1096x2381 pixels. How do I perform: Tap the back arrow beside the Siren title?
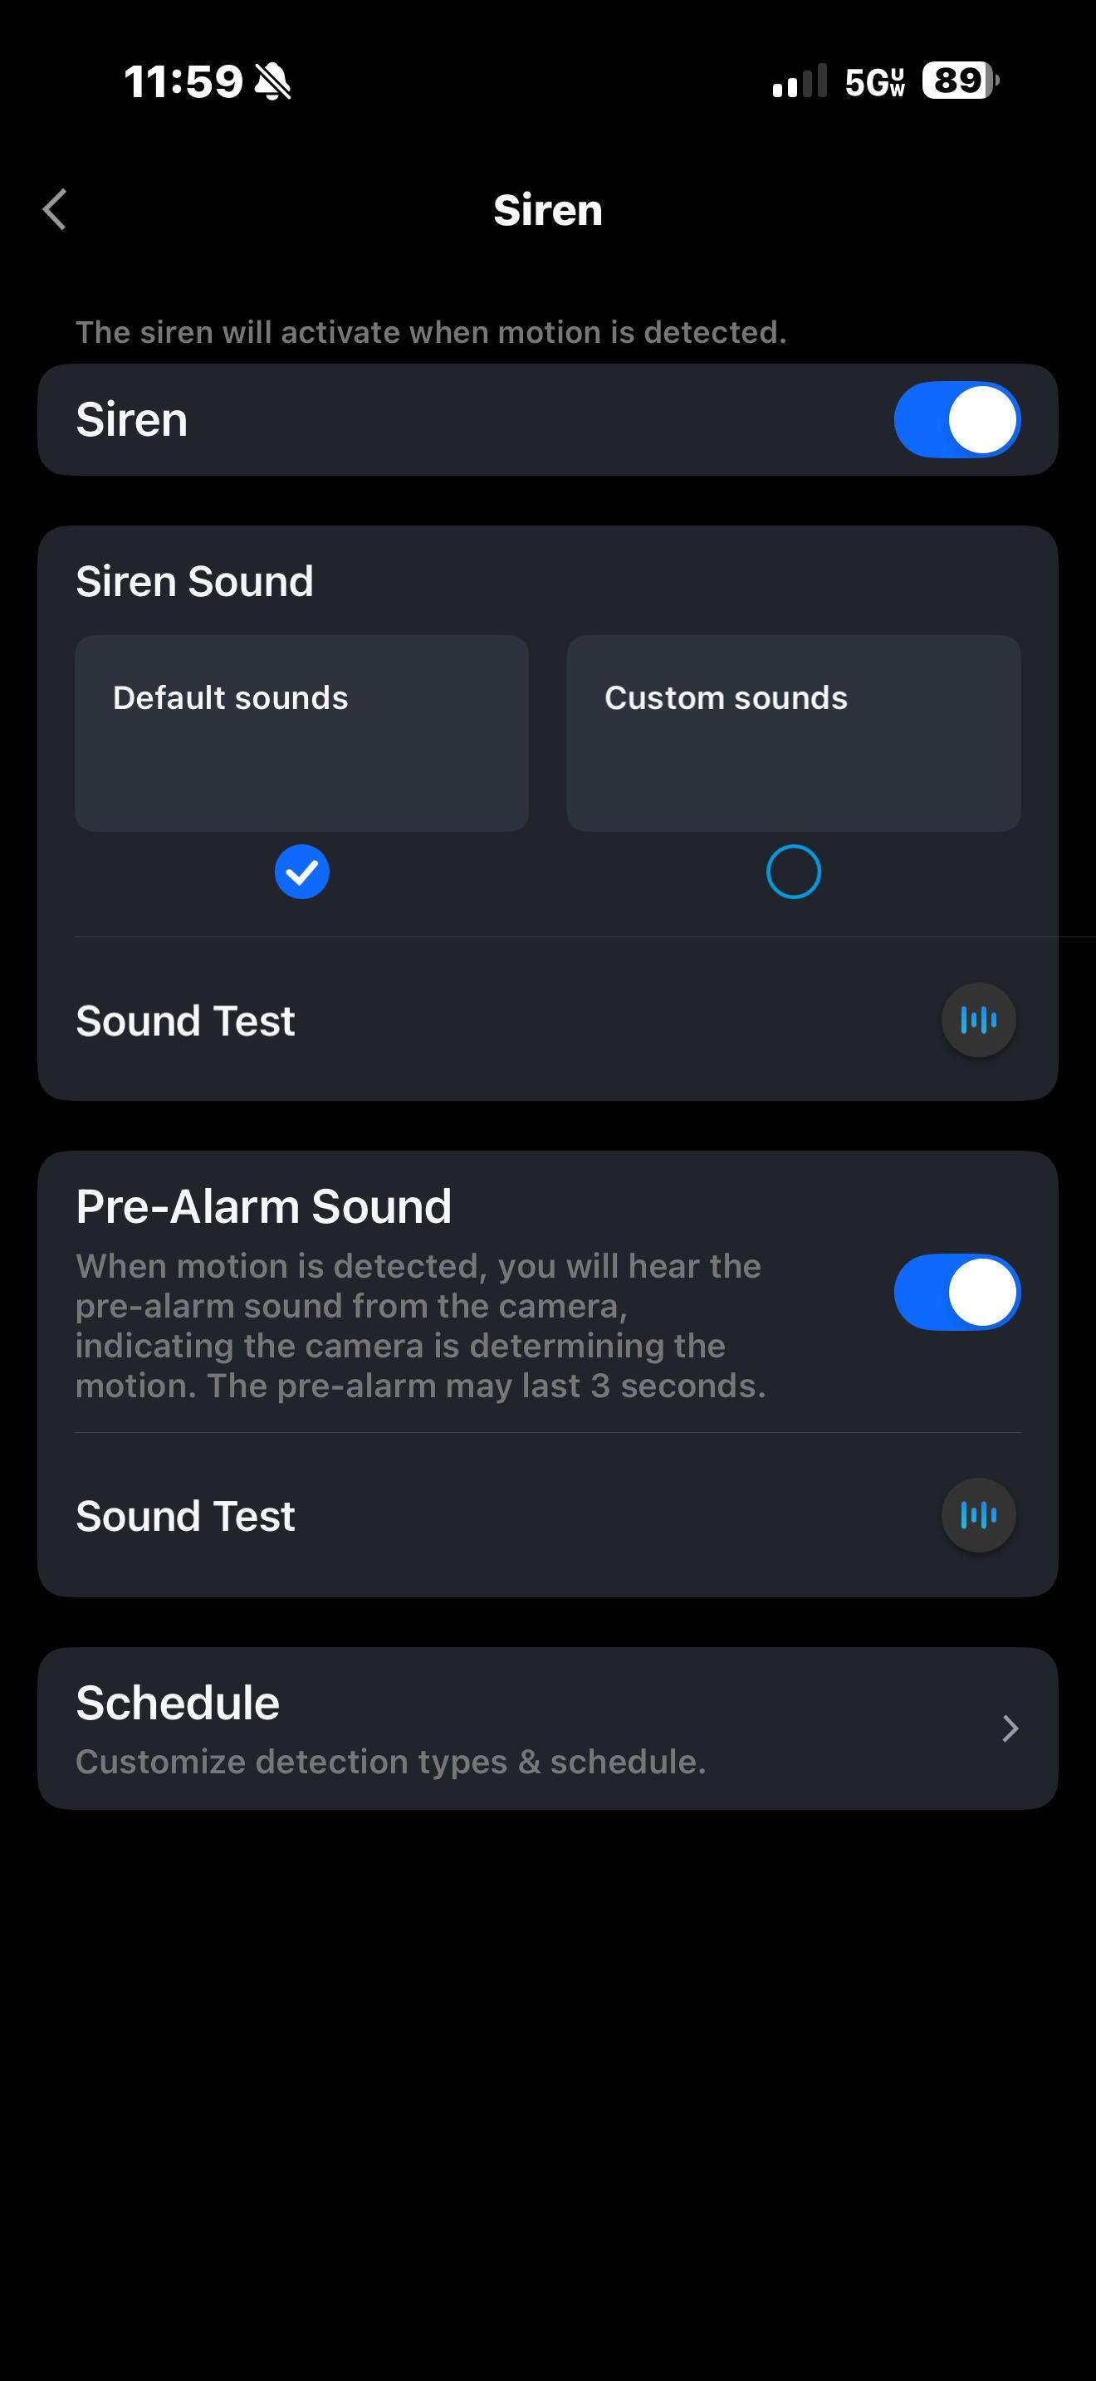(55, 209)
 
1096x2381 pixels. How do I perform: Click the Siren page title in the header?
(548, 210)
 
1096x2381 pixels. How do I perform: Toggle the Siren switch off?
(957, 419)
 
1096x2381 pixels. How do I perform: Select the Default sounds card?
(301, 733)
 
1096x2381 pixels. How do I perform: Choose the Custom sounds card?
(794, 733)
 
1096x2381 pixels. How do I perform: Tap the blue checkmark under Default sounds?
(302, 872)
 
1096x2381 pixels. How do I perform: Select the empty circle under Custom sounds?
(794, 872)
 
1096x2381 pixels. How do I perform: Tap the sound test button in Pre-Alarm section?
(979, 1515)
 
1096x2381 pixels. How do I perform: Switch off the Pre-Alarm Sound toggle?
(957, 1292)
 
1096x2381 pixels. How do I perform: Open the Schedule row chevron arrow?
(1010, 1728)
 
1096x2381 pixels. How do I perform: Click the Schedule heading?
(178, 1703)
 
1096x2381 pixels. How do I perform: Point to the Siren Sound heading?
(195, 581)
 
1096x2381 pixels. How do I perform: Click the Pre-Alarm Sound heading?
(264, 1206)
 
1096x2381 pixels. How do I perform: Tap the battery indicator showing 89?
(960, 81)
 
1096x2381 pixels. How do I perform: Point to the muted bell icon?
(272, 81)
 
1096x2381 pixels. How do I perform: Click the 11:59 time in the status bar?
(183, 81)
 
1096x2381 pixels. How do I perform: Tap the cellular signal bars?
(800, 81)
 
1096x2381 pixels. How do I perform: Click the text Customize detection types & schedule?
(391, 1762)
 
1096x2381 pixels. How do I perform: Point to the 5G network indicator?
(874, 81)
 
